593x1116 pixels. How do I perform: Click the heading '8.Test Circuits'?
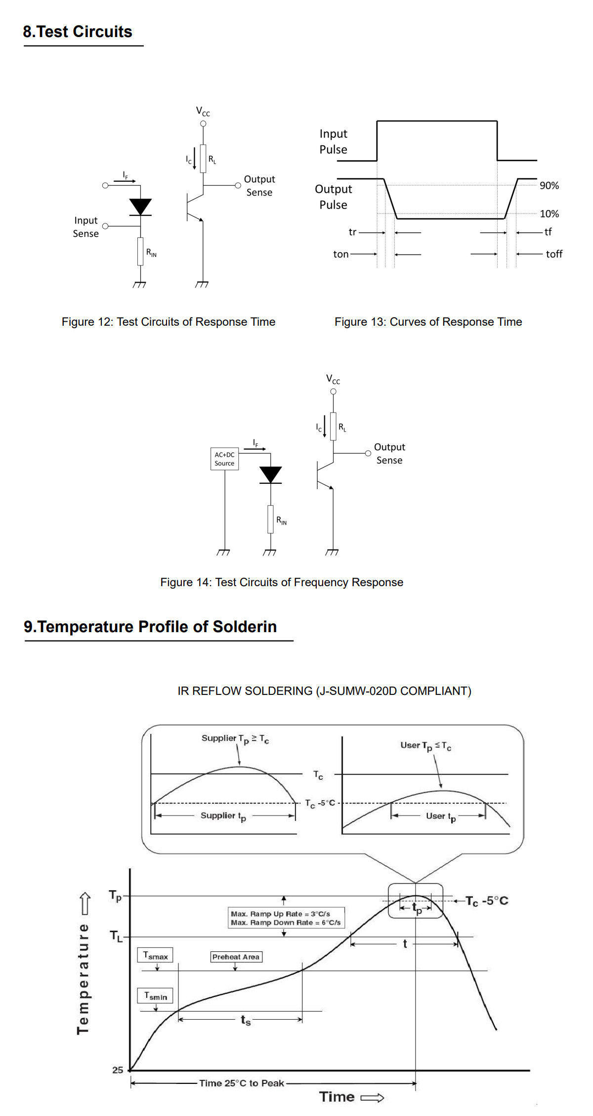tap(78, 32)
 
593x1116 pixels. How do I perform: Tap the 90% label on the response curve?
tap(549, 185)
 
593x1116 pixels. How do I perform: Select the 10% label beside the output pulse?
tap(549, 214)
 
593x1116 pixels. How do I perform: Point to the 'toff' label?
tap(554, 254)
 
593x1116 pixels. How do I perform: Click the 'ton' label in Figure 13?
tap(341, 254)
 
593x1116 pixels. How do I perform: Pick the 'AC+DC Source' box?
tap(224, 459)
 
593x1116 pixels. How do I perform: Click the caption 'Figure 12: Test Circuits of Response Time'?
tap(169, 322)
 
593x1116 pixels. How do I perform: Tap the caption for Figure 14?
tap(282, 582)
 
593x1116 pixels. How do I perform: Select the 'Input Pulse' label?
tap(333, 141)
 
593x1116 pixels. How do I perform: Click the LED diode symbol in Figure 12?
tap(140, 207)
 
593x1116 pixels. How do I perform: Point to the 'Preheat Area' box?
tap(236, 957)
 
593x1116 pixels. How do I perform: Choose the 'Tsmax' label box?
tap(155, 955)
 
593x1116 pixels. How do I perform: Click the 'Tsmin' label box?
tap(155, 996)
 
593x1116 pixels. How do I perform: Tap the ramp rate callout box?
tap(286, 918)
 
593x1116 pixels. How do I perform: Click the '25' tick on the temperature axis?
tap(118, 1070)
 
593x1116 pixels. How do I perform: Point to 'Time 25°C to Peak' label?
tap(242, 1083)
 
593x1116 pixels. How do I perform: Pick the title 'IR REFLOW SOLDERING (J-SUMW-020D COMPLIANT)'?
tap(324, 691)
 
